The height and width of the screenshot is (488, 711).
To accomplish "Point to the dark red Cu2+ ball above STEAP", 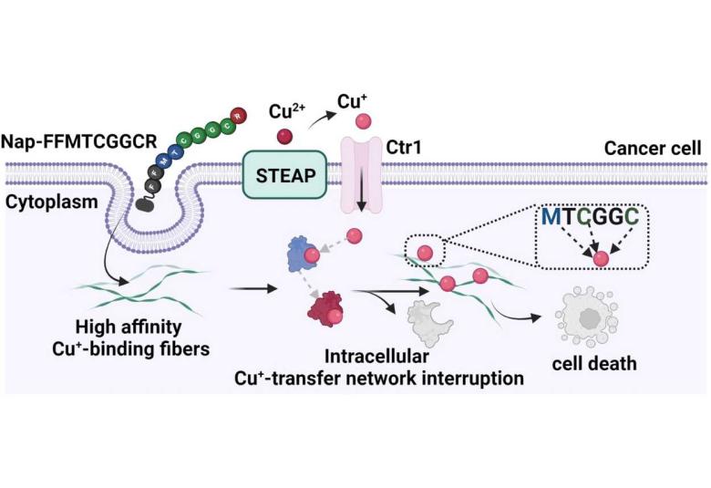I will click(284, 137).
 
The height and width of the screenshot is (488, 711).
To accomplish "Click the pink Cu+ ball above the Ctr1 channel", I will click(362, 122).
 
